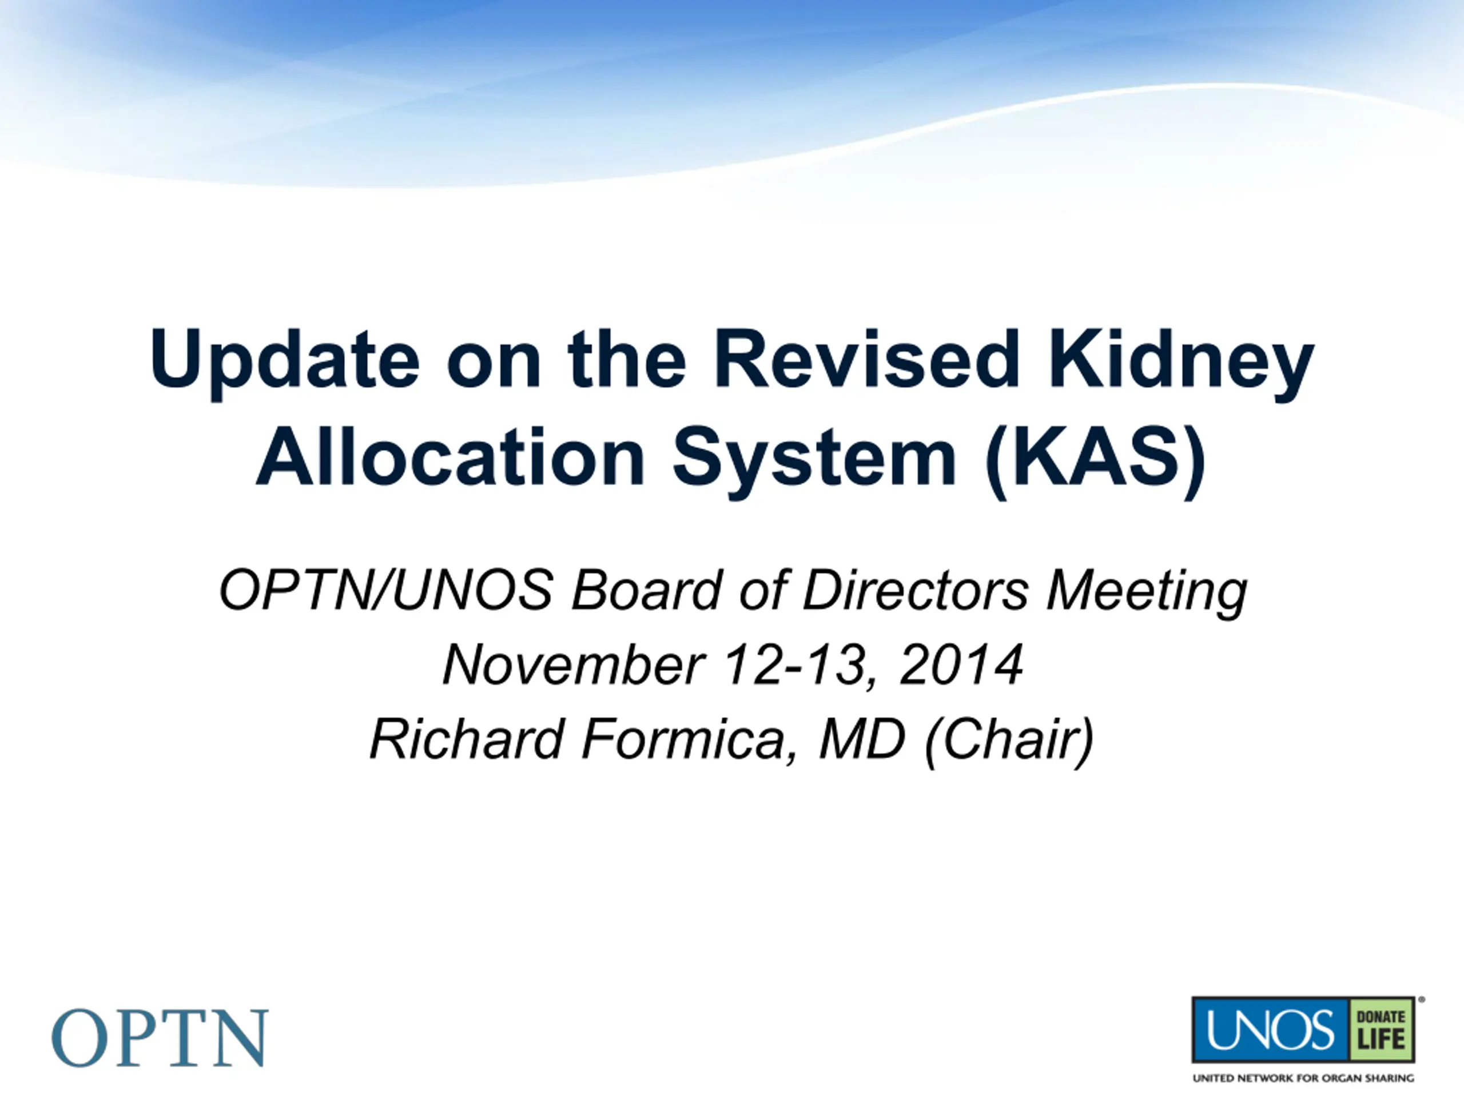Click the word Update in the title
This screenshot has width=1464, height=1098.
[x=285, y=362]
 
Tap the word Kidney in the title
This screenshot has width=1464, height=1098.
[x=1181, y=363]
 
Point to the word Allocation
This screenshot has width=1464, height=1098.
[x=450, y=457]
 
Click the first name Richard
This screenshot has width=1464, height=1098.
[x=467, y=739]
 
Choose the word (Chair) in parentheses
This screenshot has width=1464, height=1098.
[x=1010, y=741]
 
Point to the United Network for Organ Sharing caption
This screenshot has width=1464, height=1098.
[x=1303, y=1078]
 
